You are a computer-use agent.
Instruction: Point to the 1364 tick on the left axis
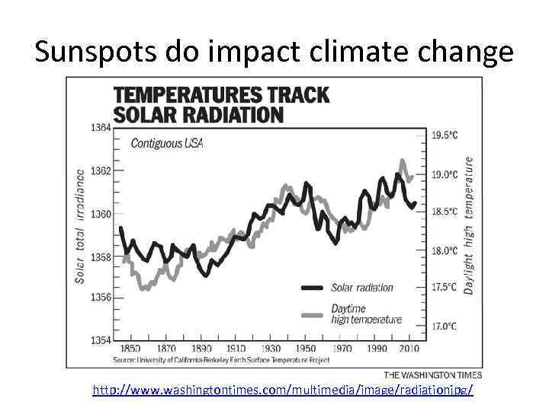[101, 128]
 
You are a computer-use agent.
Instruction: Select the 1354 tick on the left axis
[101, 339]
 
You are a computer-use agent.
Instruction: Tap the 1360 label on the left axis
[101, 214]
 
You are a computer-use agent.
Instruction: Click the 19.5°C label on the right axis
[445, 135]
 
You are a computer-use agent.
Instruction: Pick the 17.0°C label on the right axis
[445, 326]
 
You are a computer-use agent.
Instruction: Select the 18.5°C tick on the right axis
[445, 212]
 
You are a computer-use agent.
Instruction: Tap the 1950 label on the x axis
[306, 349]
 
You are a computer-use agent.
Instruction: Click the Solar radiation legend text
[362, 288]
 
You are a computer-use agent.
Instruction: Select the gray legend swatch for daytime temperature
[313, 314]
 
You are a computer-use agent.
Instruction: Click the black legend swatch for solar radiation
[313, 288]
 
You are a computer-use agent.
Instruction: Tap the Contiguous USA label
[167, 143]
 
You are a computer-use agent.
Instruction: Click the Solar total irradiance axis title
[80, 226]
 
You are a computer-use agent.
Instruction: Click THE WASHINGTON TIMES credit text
[432, 374]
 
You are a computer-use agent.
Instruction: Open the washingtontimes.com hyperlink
[282, 390]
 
